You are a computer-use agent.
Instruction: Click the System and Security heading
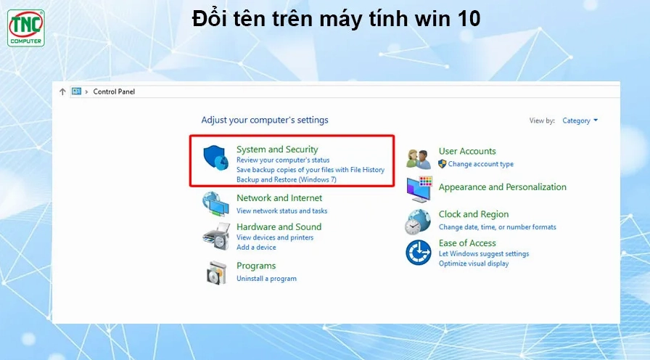277,150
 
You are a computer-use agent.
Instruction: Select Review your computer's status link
283,160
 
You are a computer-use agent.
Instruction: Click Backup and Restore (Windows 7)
286,179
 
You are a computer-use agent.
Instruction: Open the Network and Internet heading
279,198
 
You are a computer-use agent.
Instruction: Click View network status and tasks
281,211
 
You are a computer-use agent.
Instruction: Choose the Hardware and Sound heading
279,227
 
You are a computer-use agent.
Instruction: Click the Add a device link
256,247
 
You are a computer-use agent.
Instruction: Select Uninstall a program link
266,279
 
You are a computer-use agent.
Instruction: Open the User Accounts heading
467,152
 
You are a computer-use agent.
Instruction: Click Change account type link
480,164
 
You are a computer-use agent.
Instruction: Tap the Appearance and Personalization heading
502,187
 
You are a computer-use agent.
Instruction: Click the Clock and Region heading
474,215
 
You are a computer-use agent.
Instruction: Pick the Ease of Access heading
467,243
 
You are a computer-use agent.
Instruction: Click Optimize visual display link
474,263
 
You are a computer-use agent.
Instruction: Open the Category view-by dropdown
580,120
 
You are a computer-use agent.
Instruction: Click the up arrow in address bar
62,91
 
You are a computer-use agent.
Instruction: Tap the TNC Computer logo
26,28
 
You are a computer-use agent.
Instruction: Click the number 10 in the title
469,20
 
